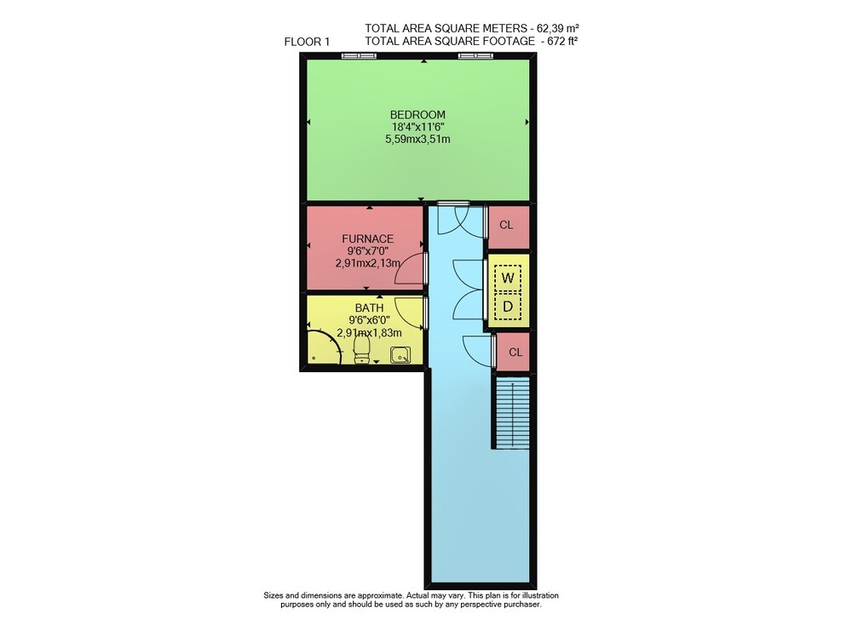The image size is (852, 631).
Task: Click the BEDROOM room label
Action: (417, 115)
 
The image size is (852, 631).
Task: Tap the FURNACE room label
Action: (367, 239)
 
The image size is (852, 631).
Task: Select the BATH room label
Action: (369, 308)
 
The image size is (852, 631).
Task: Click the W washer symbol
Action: (508, 278)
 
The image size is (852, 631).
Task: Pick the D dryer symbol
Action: (508, 307)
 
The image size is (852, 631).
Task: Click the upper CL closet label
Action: (506, 226)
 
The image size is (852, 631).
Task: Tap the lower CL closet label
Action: (515, 353)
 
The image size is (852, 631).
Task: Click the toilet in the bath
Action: (361, 349)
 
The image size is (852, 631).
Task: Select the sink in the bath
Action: (400, 355)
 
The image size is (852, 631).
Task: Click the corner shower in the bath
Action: (324, 347)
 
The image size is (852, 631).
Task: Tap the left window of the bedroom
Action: (358, 55)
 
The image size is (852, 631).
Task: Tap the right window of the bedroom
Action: (476, 55)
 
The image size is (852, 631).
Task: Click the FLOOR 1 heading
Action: (307, 42)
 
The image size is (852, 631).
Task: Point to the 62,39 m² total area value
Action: (557, 28)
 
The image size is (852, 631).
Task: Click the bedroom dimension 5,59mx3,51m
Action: (417, 140)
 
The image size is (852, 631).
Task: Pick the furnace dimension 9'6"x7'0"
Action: (367, 251)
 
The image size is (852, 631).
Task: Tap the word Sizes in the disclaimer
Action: (273, 595)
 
